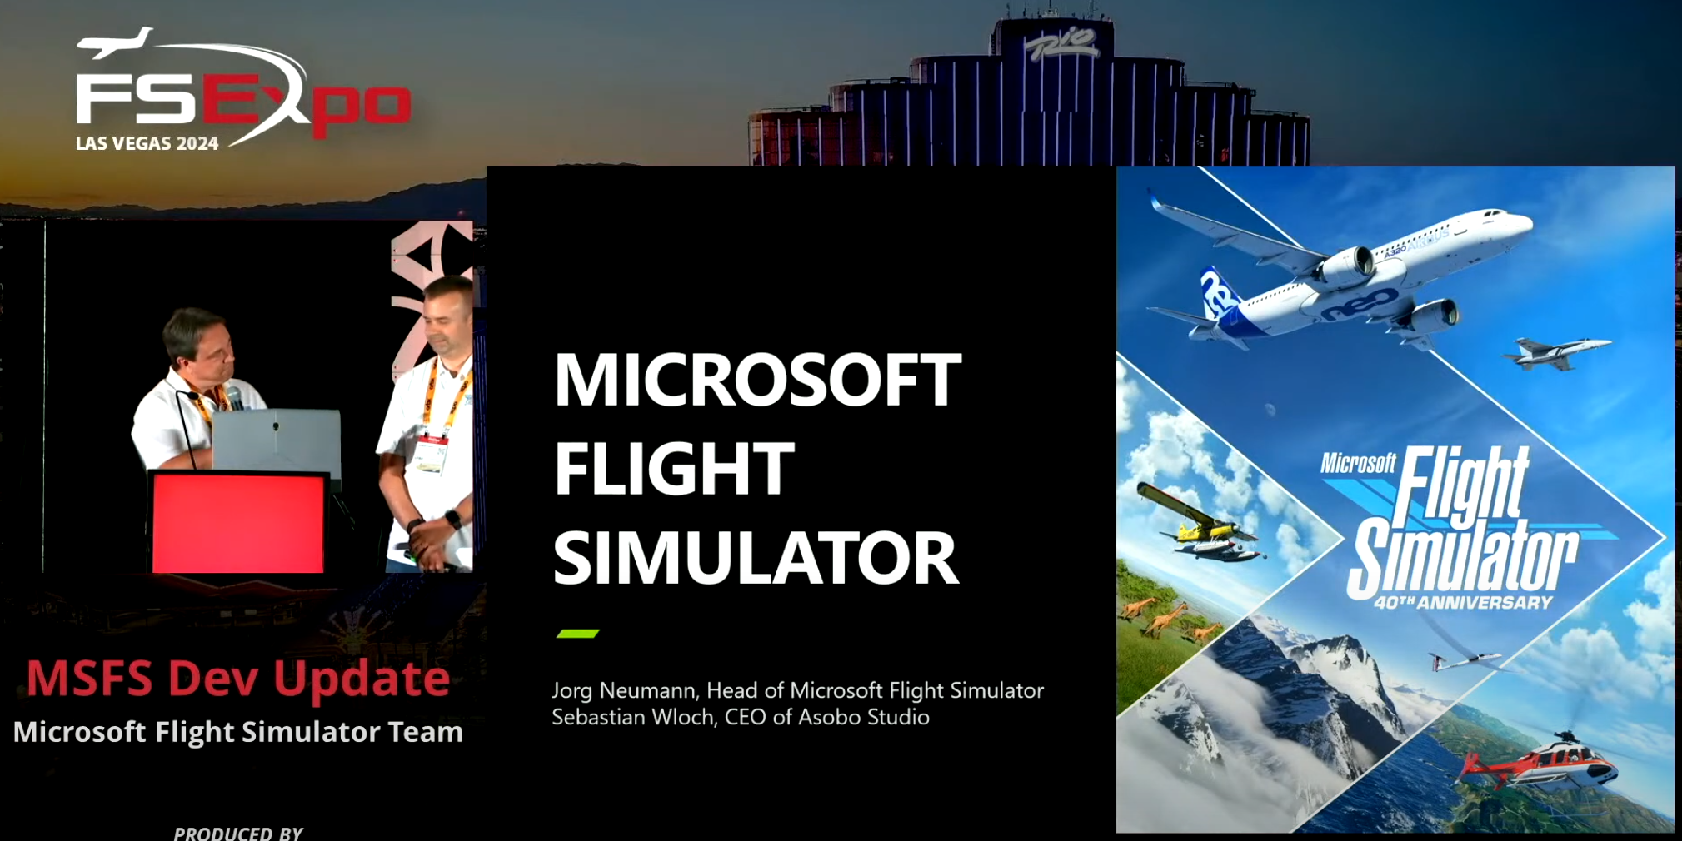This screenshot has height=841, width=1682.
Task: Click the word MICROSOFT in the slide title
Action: (x=757, y=380)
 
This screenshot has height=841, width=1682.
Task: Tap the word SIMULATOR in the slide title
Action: (x=756, y=558)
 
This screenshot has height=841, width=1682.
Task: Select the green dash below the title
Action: (x=577, y=634)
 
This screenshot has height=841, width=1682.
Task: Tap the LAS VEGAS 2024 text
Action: (x=147, y=143)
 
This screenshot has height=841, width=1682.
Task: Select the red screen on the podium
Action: (x=238, y=523)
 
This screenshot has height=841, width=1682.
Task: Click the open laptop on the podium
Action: (x=276, y=439)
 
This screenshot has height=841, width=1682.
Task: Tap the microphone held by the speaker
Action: (x=234, y=398)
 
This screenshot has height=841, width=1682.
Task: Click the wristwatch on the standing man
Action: (x=452, y=520)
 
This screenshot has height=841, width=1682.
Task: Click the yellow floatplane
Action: (x=1200, y=525)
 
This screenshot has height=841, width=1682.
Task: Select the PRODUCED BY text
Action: (x=238, y=833)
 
